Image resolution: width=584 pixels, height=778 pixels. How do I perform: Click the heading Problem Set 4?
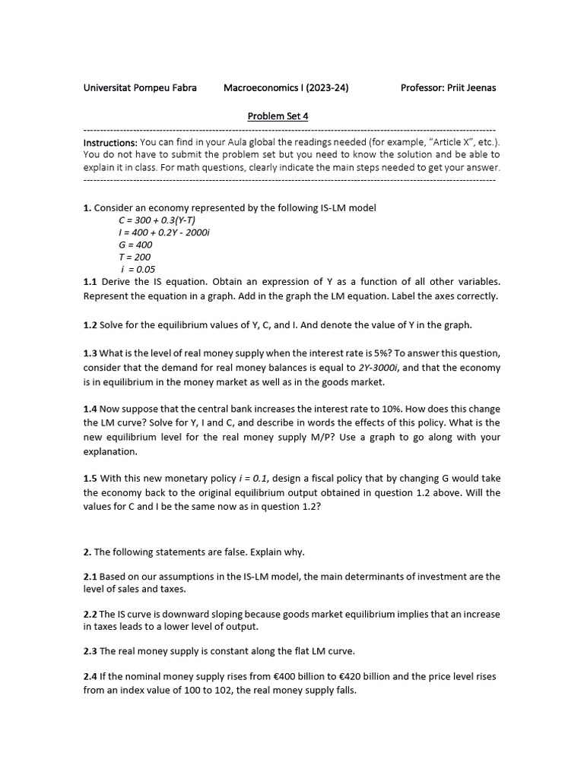278,116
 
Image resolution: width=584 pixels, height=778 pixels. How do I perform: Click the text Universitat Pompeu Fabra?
140,87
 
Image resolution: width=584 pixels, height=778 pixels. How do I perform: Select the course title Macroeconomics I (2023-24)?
286,87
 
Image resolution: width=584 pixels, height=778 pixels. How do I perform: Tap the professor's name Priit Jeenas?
472,87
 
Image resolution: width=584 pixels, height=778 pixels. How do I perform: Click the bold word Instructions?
110,143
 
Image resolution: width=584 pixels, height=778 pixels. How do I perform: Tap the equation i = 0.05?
138,269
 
